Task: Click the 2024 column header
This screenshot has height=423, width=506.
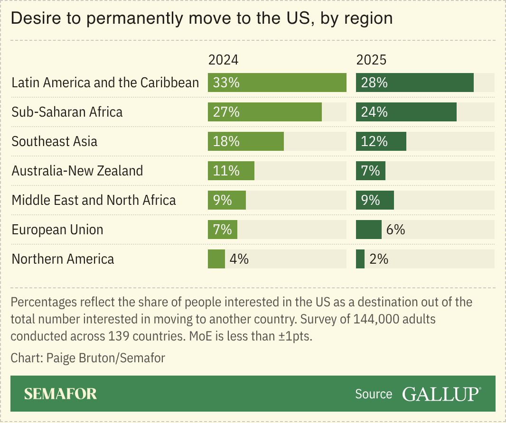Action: (223, 60)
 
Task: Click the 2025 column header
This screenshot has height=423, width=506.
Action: (371, 60)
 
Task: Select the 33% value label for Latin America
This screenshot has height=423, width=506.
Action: (226, 83)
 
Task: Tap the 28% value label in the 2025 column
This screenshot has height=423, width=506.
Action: (374, 83)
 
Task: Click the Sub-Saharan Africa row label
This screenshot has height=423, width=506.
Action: (67, 112)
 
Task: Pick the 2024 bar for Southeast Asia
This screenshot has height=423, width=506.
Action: (245, 141)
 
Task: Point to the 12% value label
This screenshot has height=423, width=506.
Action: (374, 141)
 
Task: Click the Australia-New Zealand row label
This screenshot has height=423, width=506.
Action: (77, 171)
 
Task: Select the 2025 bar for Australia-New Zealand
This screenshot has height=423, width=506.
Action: (370, 171)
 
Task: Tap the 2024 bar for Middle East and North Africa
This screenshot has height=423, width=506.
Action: (226, 200)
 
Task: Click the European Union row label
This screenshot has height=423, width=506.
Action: (57, 230)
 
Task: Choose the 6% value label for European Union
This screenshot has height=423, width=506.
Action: (395, 230)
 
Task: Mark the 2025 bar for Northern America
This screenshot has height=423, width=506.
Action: (360, 259)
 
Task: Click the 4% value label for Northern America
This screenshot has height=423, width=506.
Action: (239, 259)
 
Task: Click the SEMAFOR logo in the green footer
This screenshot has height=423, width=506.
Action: (60, 394)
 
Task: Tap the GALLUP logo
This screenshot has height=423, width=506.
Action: (441, 394)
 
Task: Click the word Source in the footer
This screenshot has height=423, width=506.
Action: (374, 394)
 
